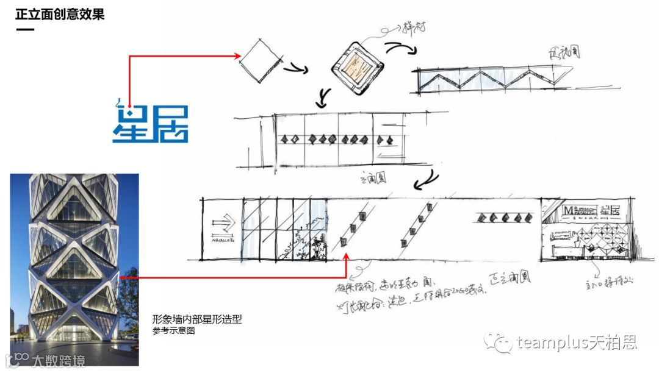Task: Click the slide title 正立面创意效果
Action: (x=60, y=14)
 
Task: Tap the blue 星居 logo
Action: (x=150, y=123)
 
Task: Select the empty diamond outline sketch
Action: (x=261, y=59)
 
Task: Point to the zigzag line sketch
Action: (x=488, y=80)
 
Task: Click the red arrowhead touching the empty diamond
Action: (x=239, y=56)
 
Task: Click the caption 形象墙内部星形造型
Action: (x=197, y=319)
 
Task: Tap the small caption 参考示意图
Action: (x=173, y=331)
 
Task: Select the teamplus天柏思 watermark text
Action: (x=577, y=342)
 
